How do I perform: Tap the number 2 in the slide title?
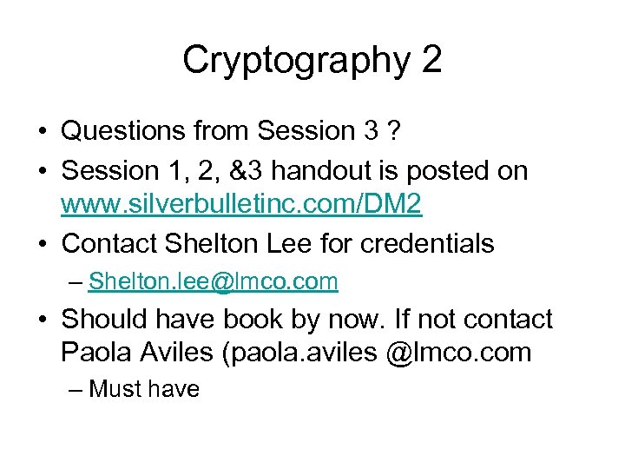click(430, 60)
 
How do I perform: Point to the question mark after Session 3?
click(394, 131)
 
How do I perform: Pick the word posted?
click(451, 171)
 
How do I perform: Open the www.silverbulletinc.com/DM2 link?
click(241, 205)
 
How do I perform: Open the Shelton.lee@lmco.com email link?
click(213, 281)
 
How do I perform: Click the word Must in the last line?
click(115, 388)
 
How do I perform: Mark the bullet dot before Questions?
click(43, 132)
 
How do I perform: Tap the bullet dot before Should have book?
click(43, 320)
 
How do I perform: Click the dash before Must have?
click(74, 389)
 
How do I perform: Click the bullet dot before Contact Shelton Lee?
click(43, 244)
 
